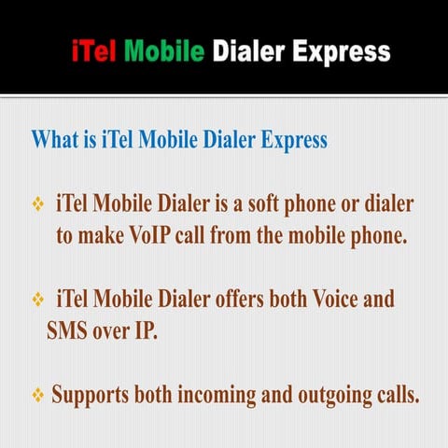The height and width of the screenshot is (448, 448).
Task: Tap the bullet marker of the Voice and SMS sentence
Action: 39,301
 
